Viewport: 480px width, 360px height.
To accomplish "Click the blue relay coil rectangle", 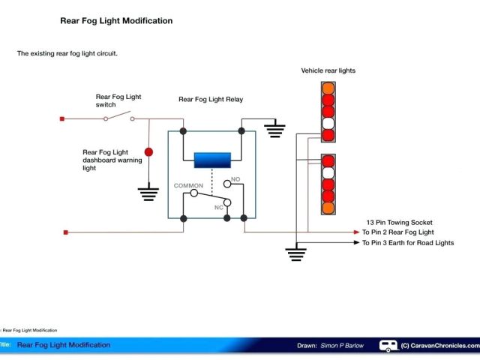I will [212, 160].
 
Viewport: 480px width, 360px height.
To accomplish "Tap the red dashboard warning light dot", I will [148, 152].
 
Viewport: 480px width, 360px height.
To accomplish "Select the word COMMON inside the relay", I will [188, 184].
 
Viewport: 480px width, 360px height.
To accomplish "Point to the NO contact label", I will [235, 180].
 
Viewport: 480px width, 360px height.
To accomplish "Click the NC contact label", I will [219, 206].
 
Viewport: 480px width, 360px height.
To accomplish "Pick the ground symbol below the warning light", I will [148, 194].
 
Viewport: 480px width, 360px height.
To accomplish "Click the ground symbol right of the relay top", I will [277, 130].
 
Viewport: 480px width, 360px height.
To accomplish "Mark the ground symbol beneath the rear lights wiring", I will [298, 254].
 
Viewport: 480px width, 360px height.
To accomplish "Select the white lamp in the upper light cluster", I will [328, 124].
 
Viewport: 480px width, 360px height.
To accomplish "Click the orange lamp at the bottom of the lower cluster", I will [328, 208].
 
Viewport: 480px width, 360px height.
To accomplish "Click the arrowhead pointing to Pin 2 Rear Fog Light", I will [355, 232].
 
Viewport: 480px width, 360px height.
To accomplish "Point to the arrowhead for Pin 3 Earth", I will [355, 243].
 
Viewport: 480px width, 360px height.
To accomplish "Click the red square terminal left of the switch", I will [62, 118].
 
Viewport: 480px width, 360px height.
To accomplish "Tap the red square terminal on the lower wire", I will [67, 232].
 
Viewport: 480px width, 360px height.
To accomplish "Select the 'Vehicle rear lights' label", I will [328, 70].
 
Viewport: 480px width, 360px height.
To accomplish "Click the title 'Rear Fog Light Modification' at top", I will [116, 21].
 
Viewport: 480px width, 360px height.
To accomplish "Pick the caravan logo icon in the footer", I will [388, 346].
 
